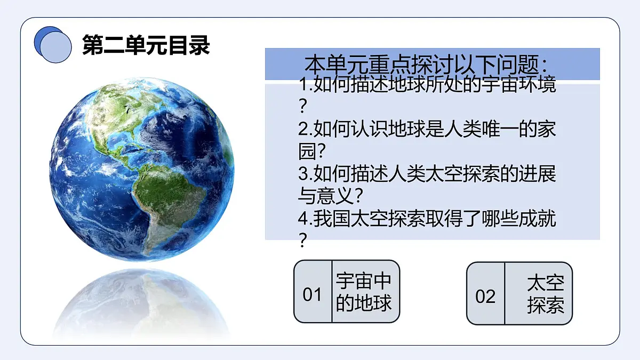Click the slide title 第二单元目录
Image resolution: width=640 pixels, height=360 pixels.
click(x=146, y=45)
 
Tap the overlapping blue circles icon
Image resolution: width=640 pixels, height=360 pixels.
click(x=52, y=44)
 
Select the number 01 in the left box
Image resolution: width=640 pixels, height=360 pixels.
click(x=313, y=294)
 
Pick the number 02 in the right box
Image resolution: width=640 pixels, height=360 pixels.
click(x=485, y=296)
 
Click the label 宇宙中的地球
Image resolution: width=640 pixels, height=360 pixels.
click(x=364, y=292)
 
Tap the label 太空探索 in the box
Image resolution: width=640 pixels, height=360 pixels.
click(x=545, y=294)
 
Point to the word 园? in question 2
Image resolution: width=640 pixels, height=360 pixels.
click(x=312, y=151)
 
